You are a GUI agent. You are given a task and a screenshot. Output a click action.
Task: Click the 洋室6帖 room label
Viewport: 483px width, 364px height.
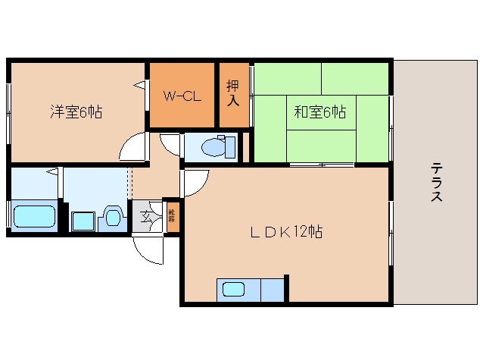pyautogui.click(x=76, y=112)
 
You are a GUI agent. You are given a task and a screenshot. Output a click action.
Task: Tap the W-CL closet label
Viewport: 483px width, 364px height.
pyautogui.click(x=182, y=96)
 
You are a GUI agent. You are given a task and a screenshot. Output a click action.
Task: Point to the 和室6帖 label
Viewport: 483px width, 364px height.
pyautogui.click(x=319, y=112)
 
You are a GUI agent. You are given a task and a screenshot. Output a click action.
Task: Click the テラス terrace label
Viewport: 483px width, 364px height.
pyautogui.click(x=436, y=182)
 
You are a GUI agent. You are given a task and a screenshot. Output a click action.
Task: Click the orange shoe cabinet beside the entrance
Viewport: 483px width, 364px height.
pyautogui.click(x=173, y=218)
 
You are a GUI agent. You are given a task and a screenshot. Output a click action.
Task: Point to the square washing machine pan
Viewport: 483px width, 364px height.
pyautogui.click(x=83, y=221)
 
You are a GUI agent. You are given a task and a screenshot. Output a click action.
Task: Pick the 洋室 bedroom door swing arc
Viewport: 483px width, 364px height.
pyautogui.click(x=133, y=146)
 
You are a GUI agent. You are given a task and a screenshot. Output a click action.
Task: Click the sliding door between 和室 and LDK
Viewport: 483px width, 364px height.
pyautogui.click(x=322, y=164)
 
